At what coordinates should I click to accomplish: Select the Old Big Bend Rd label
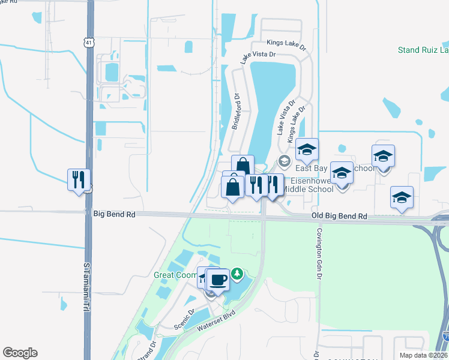click(339, 215)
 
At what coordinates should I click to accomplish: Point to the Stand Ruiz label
click(423, 50)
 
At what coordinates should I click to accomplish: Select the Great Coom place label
click(175, 275)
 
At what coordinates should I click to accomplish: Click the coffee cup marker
click(218, 279)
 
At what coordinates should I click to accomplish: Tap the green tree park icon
click(238, 275)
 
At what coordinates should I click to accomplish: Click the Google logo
click(20, 353)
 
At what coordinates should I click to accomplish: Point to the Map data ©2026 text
click(423, 355)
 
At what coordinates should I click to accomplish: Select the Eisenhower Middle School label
click(308, 184)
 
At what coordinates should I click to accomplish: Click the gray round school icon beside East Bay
click(284, 161)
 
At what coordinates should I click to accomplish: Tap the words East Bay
click(310, 169)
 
